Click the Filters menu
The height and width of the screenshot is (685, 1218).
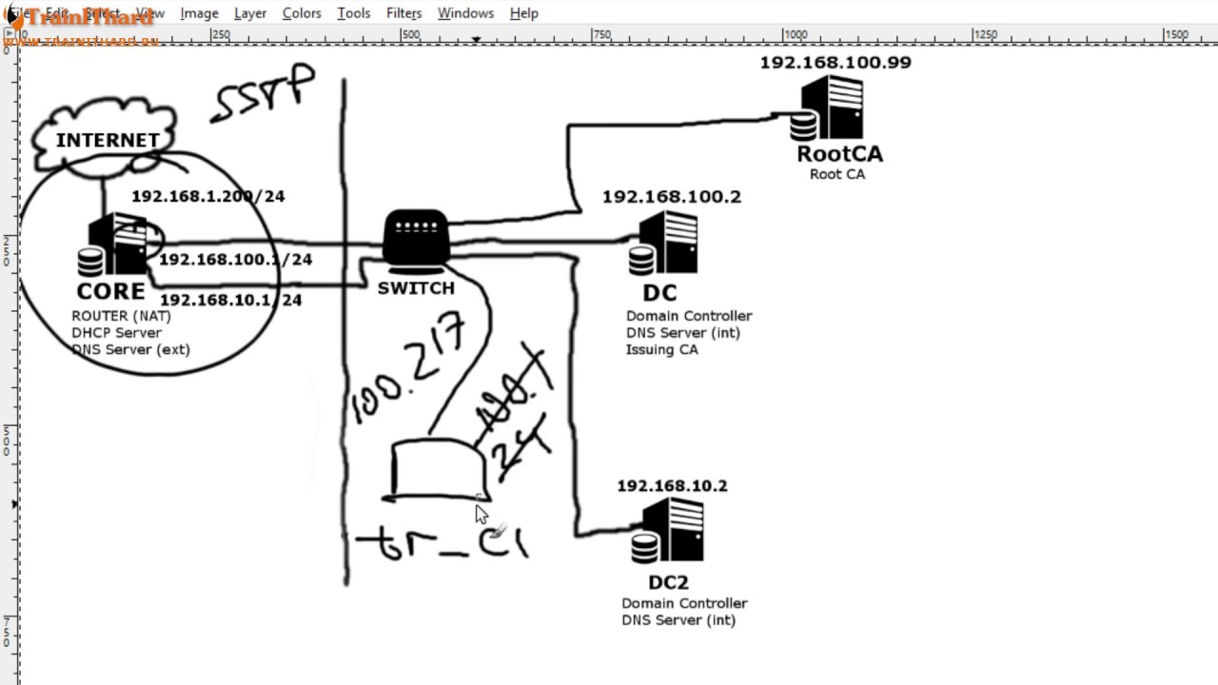point(403,13)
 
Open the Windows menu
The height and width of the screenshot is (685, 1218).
point(465,13)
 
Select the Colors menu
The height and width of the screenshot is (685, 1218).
point(302,13)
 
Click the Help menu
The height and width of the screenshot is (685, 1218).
point(524,13)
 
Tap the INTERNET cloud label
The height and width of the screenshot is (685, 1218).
point(108,140)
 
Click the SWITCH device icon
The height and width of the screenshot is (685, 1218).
point(415,238)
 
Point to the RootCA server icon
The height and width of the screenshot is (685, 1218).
point(830,108)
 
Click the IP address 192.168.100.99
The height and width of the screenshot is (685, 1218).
point(835,63)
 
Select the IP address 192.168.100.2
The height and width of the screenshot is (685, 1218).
point(671,197)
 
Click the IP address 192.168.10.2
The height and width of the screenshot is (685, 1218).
point(672,486)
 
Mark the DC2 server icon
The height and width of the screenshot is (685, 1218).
point(670,532)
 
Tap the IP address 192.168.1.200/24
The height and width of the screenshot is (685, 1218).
point(207,196)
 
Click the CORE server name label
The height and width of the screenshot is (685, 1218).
point(111,291)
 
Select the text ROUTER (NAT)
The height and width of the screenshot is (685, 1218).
point(121,316)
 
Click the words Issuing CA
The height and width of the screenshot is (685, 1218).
point(661,350)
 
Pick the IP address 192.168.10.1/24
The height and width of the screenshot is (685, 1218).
point(230,300)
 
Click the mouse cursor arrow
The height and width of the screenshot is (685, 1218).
point(481,515)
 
